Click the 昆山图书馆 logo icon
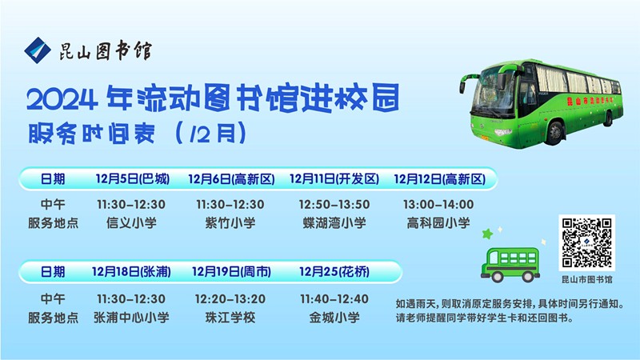click(36, 50)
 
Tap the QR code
click(586, 242)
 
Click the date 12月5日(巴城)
click(132, 178)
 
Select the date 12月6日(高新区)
click(231, 178)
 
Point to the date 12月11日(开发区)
click(334, 178)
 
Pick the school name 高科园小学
click(438, 223)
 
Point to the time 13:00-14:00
click(438, 205)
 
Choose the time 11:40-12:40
click(337, 298)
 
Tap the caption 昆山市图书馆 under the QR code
click(586, 280)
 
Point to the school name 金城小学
click(337, 318)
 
